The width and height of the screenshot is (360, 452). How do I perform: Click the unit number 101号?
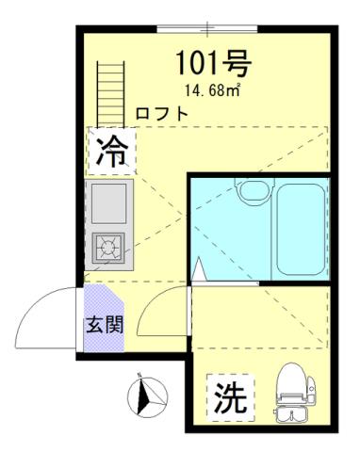coord(212,64)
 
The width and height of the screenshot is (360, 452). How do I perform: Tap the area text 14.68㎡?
coord(212,91)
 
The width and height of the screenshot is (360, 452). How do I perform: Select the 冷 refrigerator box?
coord(113,151)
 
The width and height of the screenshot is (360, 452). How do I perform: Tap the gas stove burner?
coord(110,248)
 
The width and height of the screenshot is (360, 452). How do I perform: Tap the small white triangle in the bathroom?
coord(200,271)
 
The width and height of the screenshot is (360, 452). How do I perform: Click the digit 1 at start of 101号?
coord(184,64)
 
